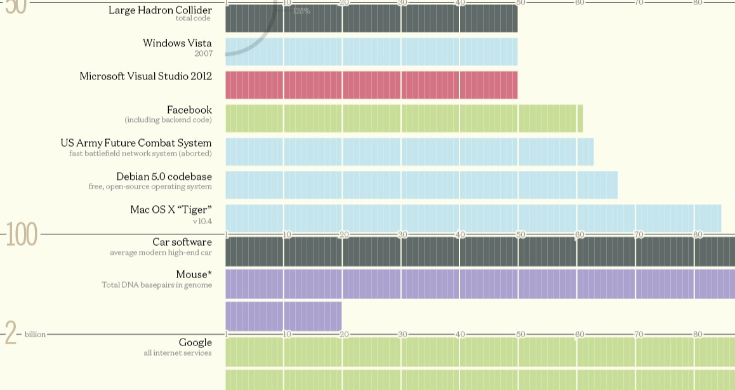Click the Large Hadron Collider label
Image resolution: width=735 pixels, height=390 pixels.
tap(160, 10)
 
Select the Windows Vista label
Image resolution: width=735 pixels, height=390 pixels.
tap(177, 43)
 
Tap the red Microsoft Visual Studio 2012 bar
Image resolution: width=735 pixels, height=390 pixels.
tap(371, 85)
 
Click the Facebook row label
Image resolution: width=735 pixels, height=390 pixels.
tap(189, 110)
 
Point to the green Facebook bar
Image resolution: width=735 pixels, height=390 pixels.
tap(404, 118)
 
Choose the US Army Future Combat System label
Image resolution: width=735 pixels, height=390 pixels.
tap(136, 143)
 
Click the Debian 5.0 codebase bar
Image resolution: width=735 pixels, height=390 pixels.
tap(421, 185)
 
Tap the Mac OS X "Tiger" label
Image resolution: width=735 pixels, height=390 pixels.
tap(171, 210)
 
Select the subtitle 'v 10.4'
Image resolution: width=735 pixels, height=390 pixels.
tap(202, 222)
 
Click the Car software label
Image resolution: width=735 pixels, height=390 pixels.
tap(182, 242)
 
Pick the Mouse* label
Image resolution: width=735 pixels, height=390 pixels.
tap(194, 274)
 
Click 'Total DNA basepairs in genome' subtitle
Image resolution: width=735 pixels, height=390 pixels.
tap(157, 285)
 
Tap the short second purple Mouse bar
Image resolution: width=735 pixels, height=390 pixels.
tap(283, 316)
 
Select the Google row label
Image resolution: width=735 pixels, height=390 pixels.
tap(195, 342)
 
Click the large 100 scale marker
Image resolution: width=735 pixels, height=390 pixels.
tap(22, 236)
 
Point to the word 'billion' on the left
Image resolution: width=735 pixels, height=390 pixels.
tap(35, 334)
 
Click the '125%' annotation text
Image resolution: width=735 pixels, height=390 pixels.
tap(301, 11)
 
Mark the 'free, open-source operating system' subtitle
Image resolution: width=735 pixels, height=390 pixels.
tap(150, 187)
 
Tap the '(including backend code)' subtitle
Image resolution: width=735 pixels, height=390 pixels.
tap(168, 120)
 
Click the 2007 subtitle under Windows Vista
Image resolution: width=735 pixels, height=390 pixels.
tap(203, 53)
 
